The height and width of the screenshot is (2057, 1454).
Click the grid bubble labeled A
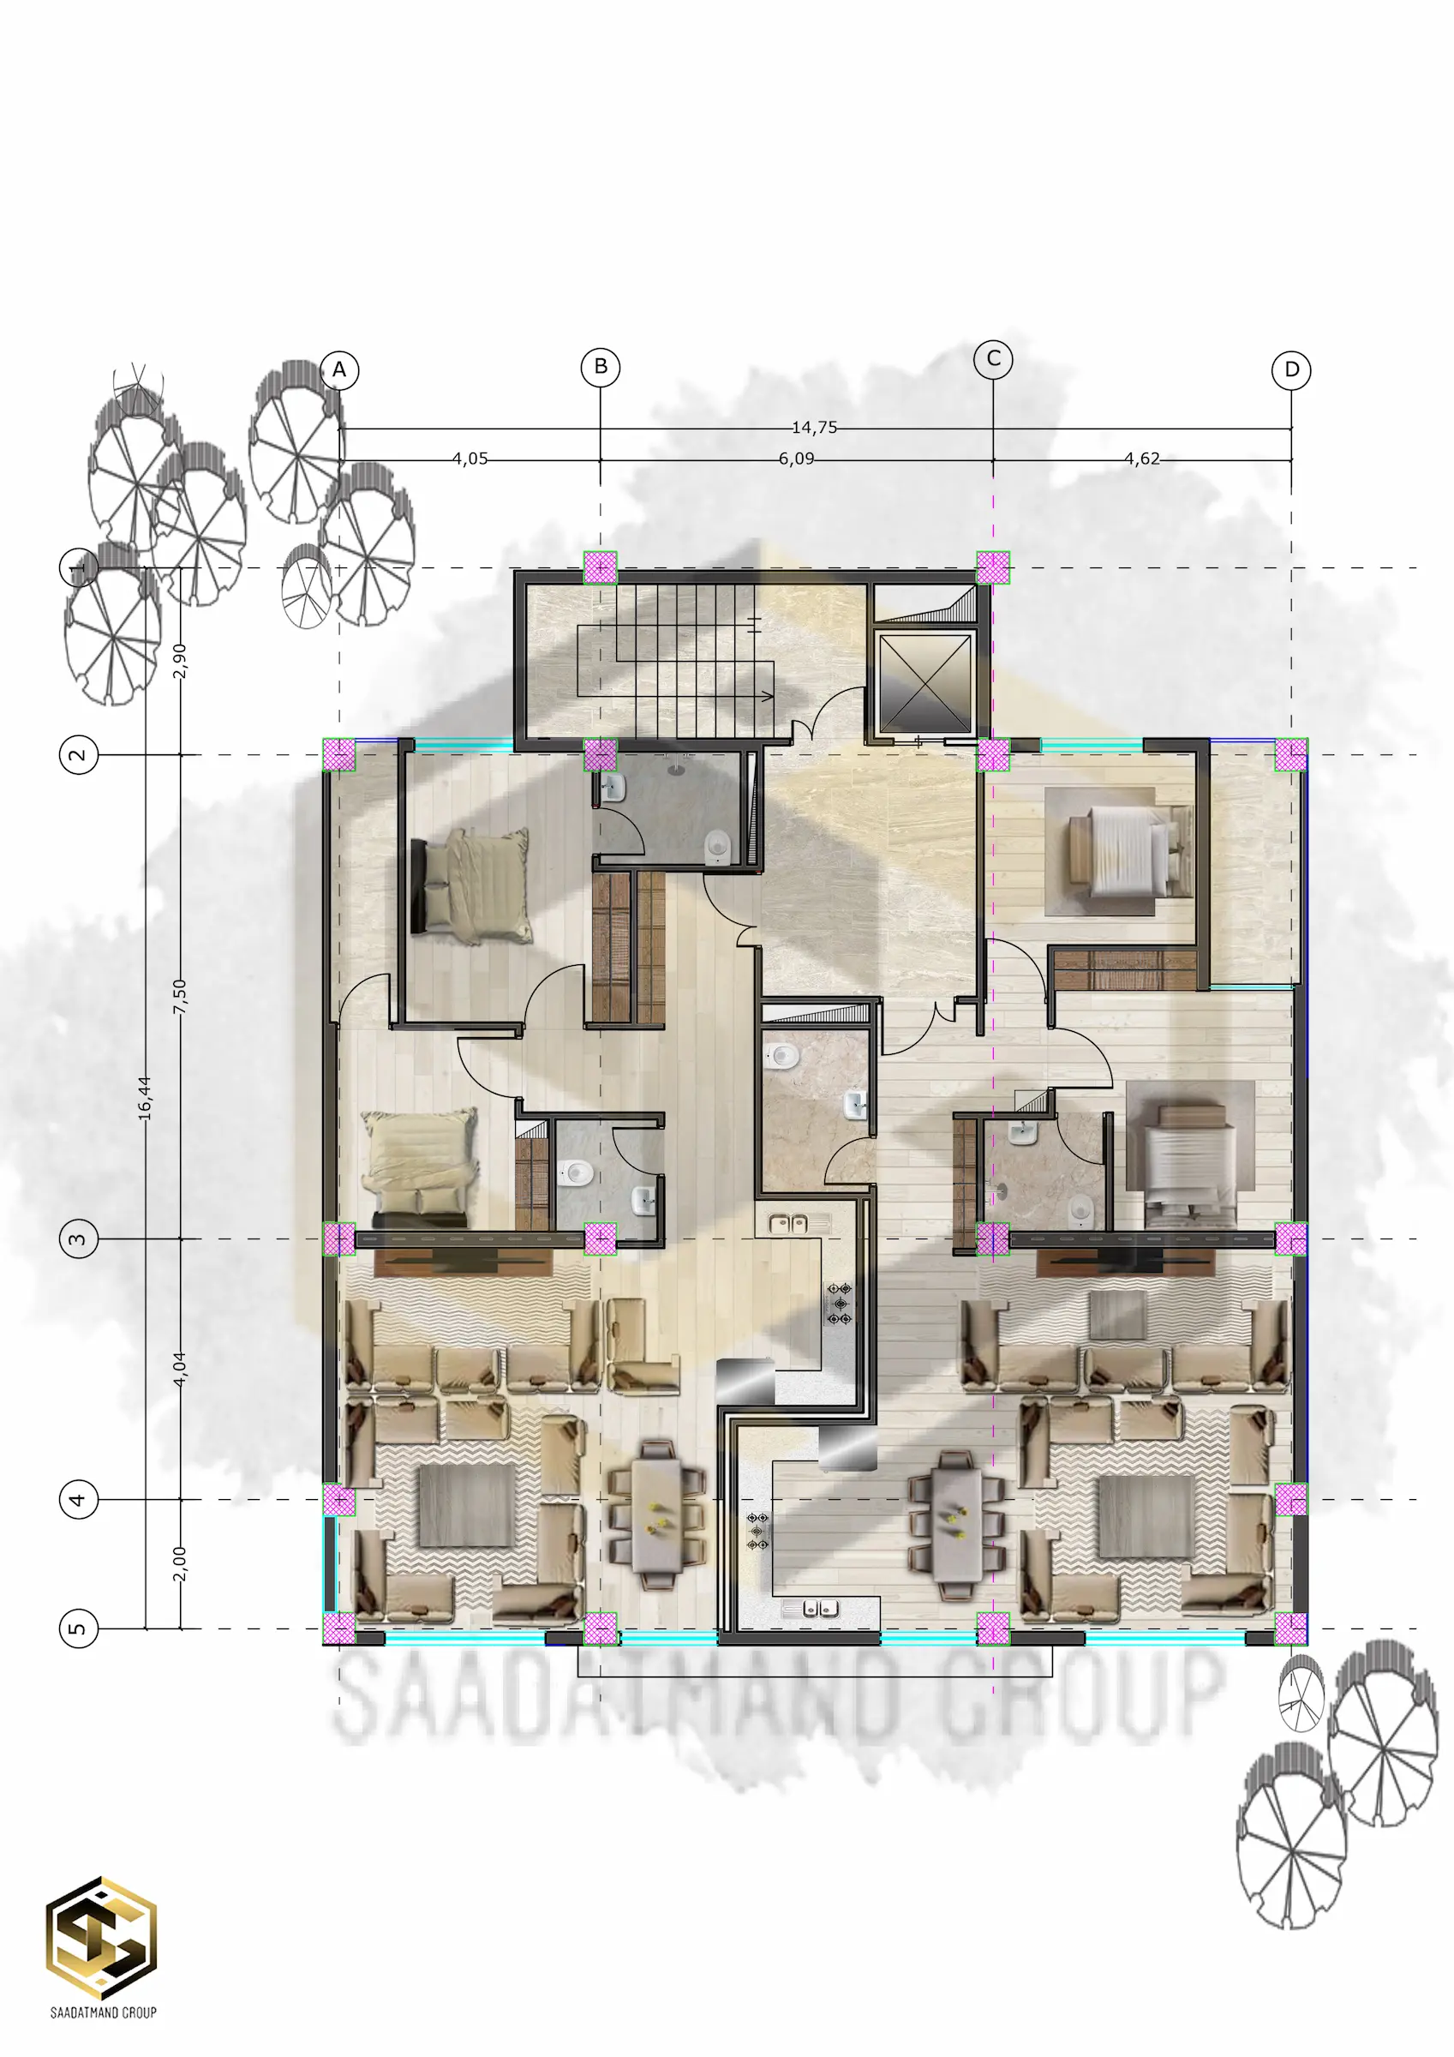pos(339,369)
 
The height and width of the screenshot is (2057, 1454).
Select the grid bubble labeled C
pos(993,358)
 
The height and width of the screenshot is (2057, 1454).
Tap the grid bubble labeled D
pos(1291,369)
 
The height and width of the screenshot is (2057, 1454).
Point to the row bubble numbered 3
pos(78,1239)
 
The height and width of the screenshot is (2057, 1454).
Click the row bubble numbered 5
pos(78,1628)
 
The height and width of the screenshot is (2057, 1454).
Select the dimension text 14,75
pos(814,428)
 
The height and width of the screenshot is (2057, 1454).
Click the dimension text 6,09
pos(797,459)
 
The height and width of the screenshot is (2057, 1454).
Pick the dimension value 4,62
pos(1142,459)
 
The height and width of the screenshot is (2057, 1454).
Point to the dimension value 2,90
pos(179,661)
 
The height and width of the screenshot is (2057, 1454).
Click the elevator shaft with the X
pos(925,683)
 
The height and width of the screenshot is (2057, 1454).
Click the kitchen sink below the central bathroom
pos(787,1222)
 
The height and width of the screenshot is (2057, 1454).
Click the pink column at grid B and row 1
pos(601,567)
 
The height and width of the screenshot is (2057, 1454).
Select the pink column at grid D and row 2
pos(1291,754)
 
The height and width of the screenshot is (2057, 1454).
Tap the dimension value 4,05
pos(470,459)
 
